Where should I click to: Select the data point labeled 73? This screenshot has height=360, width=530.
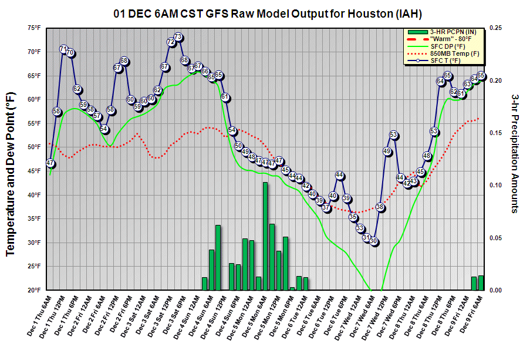pos(178,37)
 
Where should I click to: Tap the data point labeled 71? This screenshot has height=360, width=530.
pos(63,49)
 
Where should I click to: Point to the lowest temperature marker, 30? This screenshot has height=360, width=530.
pos(374,242)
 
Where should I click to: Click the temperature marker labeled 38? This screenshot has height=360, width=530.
pos(380,207)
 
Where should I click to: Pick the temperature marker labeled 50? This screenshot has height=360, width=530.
pos(239,146)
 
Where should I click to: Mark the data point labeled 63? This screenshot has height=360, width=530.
pos(468,84)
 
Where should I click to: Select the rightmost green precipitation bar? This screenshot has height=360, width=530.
pos(481,282)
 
